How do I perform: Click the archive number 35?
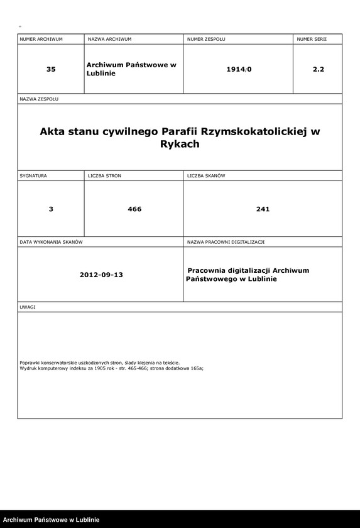point(51,69)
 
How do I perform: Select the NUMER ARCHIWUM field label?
point(41,39)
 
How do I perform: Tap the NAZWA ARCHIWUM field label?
point(109,39)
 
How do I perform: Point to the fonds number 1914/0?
point(239,69)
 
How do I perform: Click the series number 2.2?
point(318,69)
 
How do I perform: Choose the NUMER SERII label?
point(312,39)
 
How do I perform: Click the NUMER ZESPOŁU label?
point(206,39)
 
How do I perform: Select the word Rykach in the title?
point(180,144)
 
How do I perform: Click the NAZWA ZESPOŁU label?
point(39,99)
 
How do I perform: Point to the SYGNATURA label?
point(33,175)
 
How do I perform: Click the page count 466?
point(134,209)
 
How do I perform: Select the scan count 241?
point(263,209)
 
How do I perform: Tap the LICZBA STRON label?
point(104,175)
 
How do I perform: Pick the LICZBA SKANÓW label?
point(206,175)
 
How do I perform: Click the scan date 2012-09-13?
point(101,275)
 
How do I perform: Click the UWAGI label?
point(28,307)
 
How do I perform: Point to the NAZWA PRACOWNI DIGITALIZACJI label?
point(226,242)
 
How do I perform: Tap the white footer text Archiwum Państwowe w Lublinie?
point(52,520)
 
